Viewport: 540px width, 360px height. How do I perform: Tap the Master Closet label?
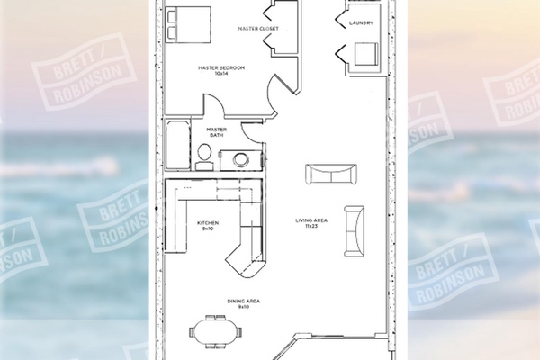pos(258,29)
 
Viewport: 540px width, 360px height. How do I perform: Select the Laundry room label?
pos(361,23)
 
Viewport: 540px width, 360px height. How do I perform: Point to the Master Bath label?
pos(217,132)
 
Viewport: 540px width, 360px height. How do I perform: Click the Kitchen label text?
pos(208,223)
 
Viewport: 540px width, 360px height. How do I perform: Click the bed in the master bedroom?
pos(188,24)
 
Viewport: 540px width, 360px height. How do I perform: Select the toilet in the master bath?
pos(204,157)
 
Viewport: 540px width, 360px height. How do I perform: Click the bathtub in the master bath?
pos(177,144)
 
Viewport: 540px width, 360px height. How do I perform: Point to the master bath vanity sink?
pos(240,159)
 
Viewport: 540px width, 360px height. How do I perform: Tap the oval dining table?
pos(216,332)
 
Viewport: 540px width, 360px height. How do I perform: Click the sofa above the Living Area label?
pos(331,174)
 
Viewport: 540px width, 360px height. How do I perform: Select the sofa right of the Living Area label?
pos(355,231)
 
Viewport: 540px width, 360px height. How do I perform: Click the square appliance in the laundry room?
pos(366,54)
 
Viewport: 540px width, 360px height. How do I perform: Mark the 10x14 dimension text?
pos(221,74)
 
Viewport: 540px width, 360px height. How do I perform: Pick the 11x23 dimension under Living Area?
pos(311,226)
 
